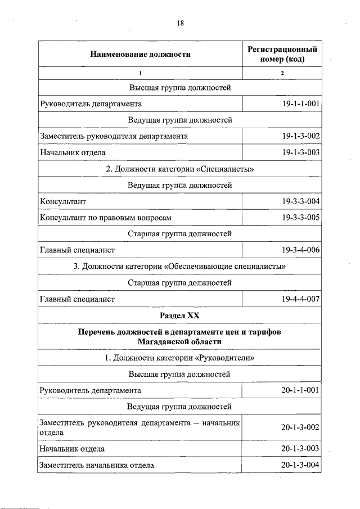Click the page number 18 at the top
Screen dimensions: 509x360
[180, 23]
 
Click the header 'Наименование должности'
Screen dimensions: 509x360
[140, 55]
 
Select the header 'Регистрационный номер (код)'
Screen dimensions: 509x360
[282, 55]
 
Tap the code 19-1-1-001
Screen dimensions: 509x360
[301, 103]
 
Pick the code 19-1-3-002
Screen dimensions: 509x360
[301, 136]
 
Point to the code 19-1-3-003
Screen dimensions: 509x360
[301, 152]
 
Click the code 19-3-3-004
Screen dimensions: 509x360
[301, 201]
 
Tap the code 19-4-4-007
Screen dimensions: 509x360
[301, 299]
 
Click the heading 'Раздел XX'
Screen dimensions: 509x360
[180, 316]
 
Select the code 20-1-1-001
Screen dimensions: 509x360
[301, 390]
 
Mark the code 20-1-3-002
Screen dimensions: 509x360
[301, 428]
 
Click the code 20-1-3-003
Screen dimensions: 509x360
[301, 449]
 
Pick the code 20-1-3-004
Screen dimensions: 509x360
[301, 465]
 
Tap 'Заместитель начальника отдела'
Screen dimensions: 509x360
[96, 465]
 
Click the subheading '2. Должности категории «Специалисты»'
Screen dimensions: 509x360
[180, 169]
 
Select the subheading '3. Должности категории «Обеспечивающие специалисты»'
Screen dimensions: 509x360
[180, 267]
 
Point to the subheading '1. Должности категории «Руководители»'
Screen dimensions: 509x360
[180, 358]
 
